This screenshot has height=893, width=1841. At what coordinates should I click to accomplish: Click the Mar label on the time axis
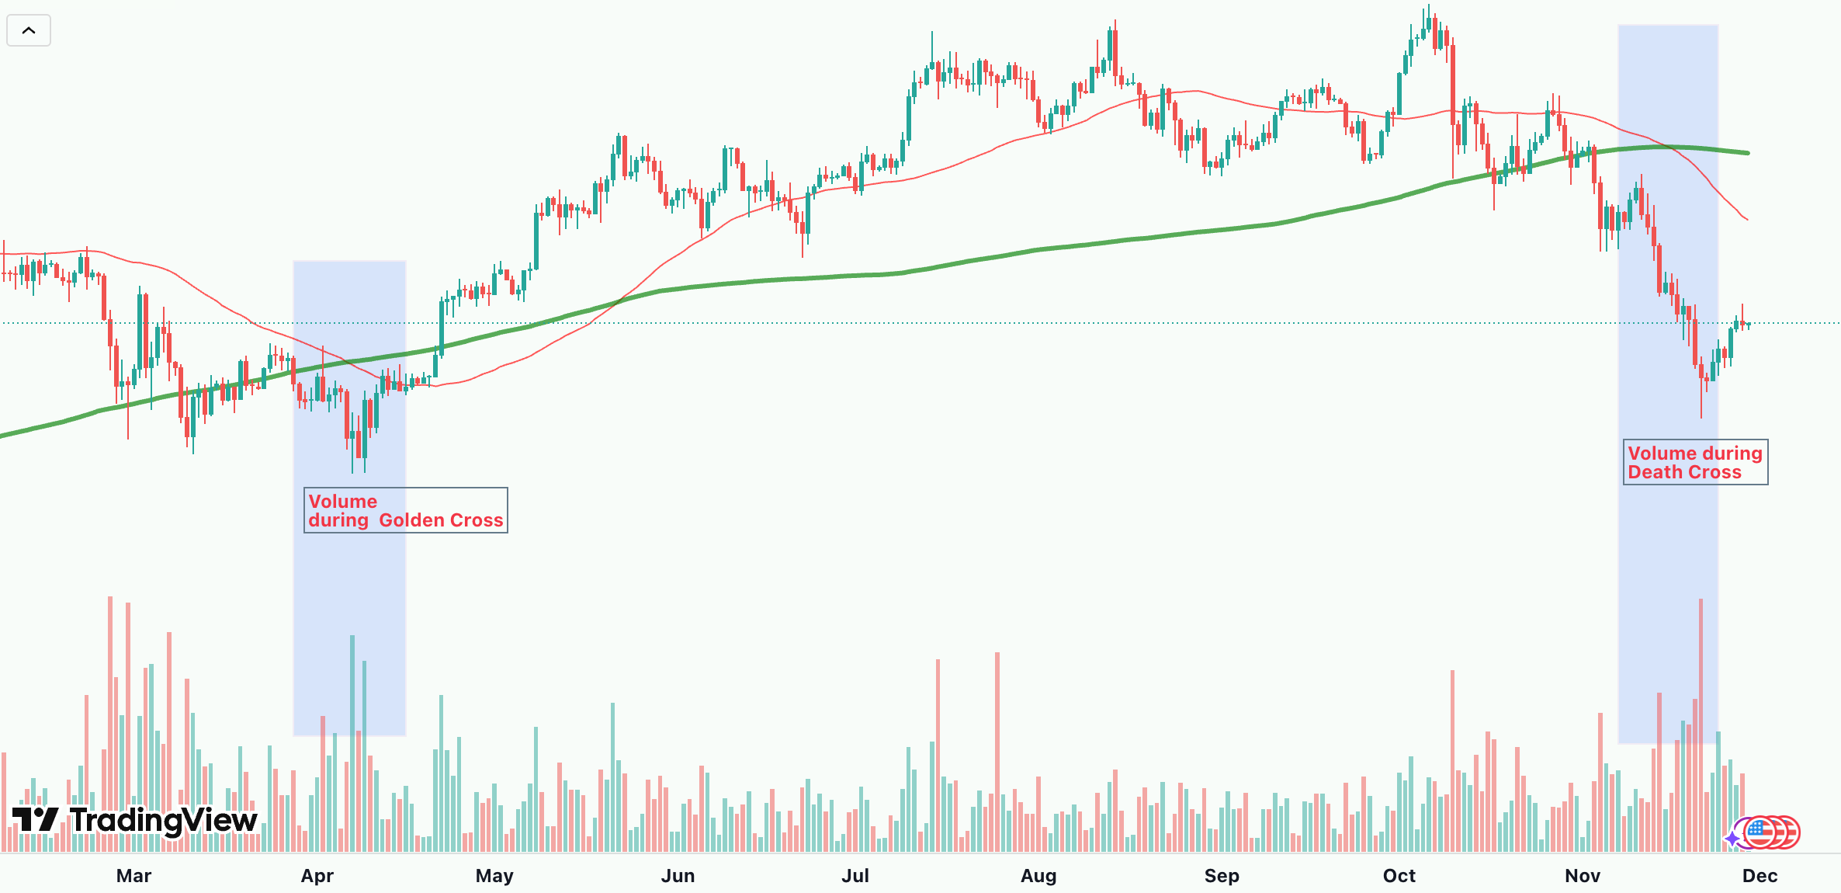133,876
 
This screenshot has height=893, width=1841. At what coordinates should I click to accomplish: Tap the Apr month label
317,876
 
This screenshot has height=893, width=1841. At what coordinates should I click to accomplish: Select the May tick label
494,876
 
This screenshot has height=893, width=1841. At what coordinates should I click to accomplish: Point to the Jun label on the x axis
678,876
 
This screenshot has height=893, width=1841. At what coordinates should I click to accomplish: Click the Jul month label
855,876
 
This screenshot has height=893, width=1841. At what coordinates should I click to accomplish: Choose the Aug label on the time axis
1038,876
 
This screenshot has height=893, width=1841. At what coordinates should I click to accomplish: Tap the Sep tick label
1222,876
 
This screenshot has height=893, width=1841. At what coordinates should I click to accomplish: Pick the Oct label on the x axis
1399,876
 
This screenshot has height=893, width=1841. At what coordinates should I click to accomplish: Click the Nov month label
1583,876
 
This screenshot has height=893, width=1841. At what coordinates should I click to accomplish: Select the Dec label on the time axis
1760,876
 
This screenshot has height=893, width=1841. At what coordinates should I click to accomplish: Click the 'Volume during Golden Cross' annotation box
405,510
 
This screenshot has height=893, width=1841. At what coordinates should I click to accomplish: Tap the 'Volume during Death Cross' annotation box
1695,462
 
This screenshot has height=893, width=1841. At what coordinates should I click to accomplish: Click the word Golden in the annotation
407,520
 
